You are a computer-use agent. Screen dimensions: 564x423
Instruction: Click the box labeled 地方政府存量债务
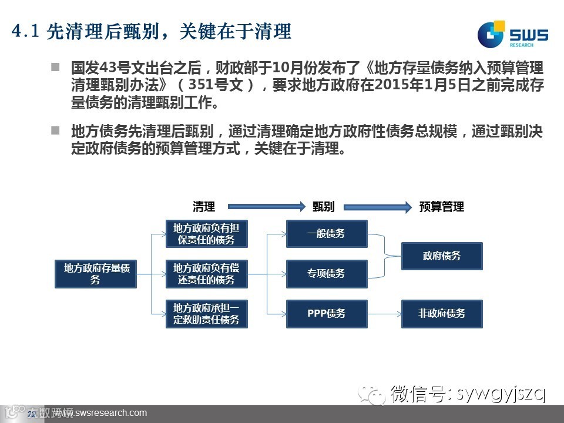click(x=95, y=274)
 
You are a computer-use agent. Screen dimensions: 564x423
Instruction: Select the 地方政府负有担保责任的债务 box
click(x=206, y=234)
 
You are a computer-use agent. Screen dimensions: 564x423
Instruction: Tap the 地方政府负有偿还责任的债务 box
click(x=206, y=274)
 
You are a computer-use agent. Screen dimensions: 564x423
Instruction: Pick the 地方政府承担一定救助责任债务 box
click(x=206, y=314)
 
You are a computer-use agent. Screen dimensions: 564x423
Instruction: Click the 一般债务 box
click(x=326, y=234)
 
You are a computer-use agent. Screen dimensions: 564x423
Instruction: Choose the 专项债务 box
click(x=326, y=274)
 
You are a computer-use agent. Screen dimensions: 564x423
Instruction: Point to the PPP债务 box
click(x=326, y=314)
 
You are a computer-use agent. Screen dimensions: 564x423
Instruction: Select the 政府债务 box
click(x=442, y=256)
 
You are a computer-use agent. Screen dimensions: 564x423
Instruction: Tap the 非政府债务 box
click(x=442, y=314)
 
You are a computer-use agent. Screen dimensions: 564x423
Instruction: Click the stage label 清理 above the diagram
click(x=204, y=207)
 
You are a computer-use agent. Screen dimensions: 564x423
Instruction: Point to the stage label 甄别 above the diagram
click(x=324, y=207)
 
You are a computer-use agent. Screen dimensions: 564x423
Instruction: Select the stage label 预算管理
click(x=442, y=207)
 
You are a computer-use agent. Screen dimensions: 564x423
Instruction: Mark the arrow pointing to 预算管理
click(x=377, y=207)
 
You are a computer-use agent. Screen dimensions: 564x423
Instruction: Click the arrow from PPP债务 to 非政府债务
click(x=384, y=314)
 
